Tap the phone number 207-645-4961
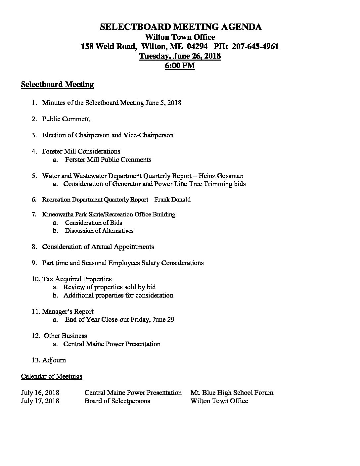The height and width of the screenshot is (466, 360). (255, 46)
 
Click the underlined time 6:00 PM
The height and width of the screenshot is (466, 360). (180, 66)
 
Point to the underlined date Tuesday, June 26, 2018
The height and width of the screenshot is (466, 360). (180, 56)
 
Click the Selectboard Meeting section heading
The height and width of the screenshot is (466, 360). (57, 85)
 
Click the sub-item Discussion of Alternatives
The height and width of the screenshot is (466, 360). (99, 231)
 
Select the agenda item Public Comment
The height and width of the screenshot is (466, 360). (66, 119)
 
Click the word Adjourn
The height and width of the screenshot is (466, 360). (54, 360)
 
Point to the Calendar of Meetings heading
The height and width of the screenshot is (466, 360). (52, 376)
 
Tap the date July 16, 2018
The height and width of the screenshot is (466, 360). (40, 393)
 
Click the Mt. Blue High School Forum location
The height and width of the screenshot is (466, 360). (232, 393)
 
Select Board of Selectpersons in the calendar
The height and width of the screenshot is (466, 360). (117, 401)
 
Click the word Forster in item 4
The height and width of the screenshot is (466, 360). (53, 151)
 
